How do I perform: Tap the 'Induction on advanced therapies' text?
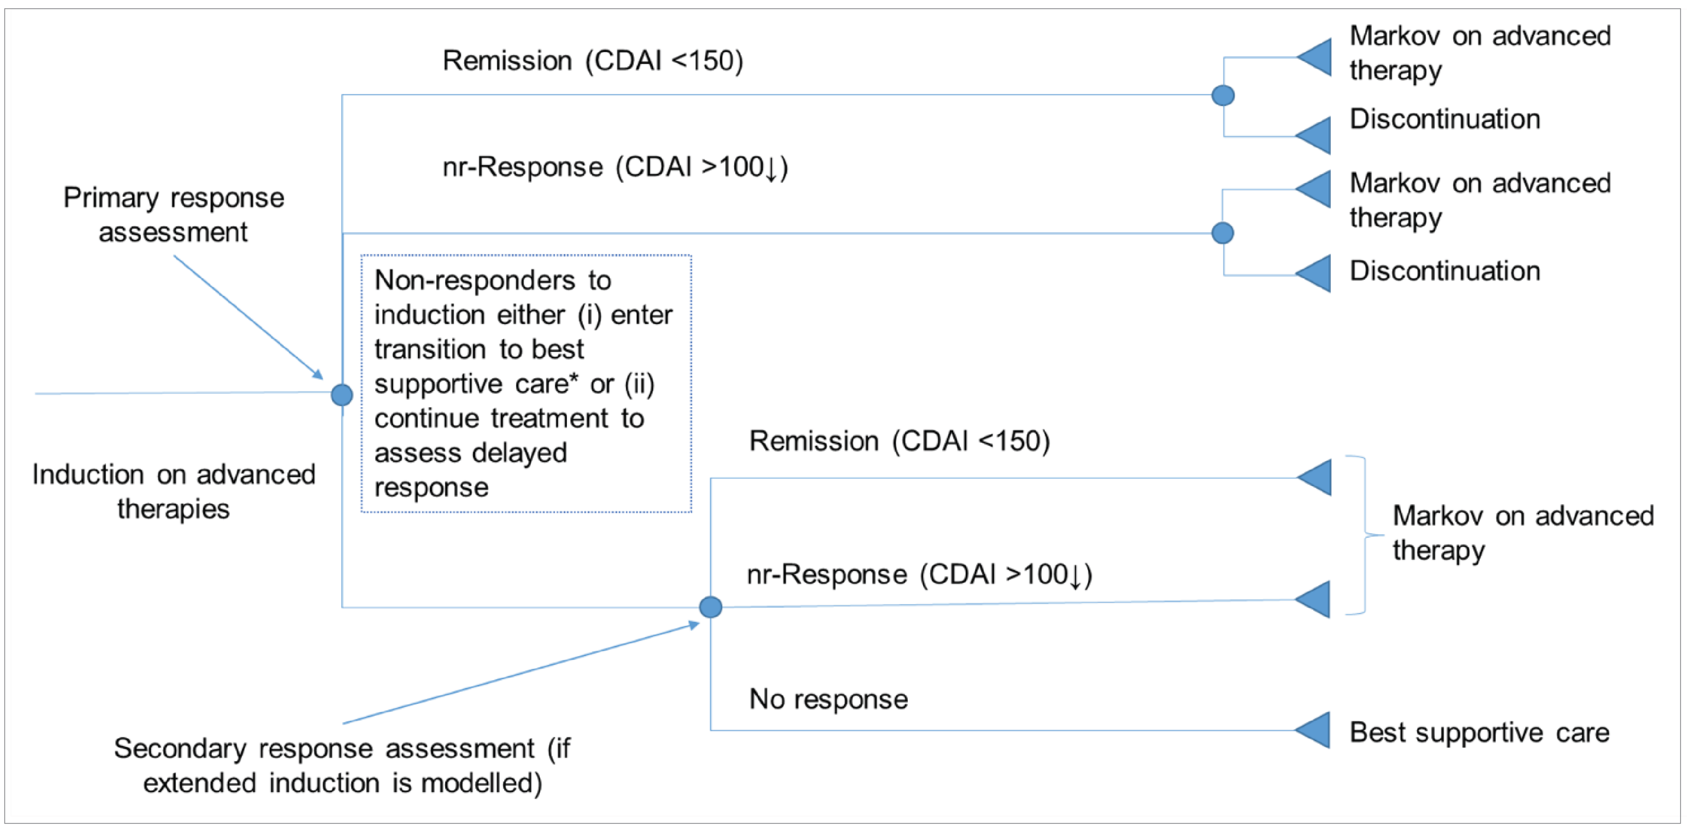174,491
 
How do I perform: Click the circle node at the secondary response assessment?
711,607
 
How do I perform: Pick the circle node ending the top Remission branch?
1222,96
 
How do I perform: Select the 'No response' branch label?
828,699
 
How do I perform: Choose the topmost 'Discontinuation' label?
1445,119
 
